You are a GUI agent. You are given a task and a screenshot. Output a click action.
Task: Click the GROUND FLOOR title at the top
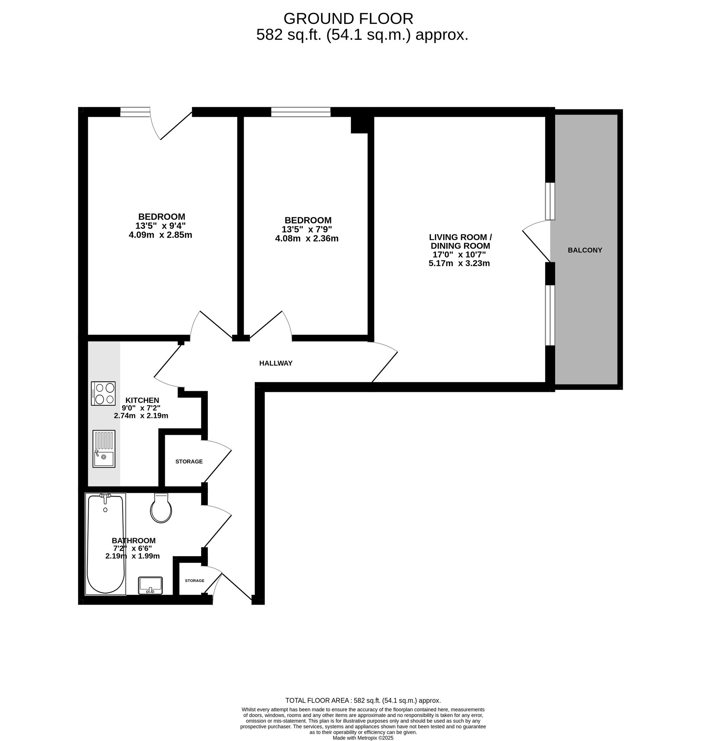(x=348, y=18)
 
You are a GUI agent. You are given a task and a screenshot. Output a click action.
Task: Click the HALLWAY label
(x=276, y=363)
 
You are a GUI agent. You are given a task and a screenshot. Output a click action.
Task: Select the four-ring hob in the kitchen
(x=103, y=393)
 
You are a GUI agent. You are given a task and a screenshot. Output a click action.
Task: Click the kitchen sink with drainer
(x=104, y=448)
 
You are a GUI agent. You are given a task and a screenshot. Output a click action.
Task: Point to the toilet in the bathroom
(x=161, y=508)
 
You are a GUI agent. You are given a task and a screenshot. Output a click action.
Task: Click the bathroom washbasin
(x=150, y=585)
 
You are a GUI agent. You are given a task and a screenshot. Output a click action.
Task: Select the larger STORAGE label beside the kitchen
(x=189, y=462)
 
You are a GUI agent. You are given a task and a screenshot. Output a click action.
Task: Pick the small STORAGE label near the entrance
(x=194, y=581)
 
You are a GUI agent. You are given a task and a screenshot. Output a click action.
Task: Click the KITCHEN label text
(x=142, y=400)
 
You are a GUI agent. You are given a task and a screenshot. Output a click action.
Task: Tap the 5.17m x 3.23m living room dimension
(x=459, y=263)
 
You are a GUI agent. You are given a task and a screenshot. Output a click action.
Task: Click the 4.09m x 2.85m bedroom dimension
(x=160, y=235)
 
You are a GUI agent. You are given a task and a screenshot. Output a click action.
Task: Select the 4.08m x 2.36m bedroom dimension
(x=307, y=238)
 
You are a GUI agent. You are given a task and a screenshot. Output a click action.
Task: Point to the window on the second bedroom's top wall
(x=301, y=112)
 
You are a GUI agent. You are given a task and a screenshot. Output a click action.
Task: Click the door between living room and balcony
(x=536, y=240)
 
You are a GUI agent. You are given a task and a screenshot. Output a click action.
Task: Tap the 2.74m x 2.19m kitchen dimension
(x=141, y=415)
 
